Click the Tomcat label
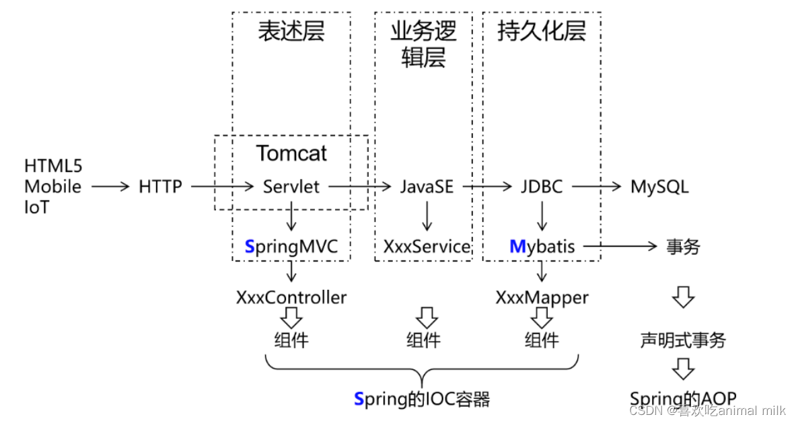[x=291, y=153]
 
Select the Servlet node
[x=291, y=186]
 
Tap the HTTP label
[x=160, y=186]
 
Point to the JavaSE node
[x=427, y=186]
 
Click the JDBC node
[x=542, y=186]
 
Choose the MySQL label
[x=659, y=186]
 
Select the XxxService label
[x=427, y=247]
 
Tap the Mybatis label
[x=542, y=247]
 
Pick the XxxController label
[x=291, y=297]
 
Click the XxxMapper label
[x=542, y=297]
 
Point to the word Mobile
[x=52, y=186]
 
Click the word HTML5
[x=52, y=166]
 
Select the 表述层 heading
[x=291, y=32]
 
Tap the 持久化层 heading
[x=542, y=32]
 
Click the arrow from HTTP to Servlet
[x=221, y=186]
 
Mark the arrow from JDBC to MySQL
[x=595, y=186]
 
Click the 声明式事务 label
[x=683, y=340]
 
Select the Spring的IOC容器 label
[x=422, y=399]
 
